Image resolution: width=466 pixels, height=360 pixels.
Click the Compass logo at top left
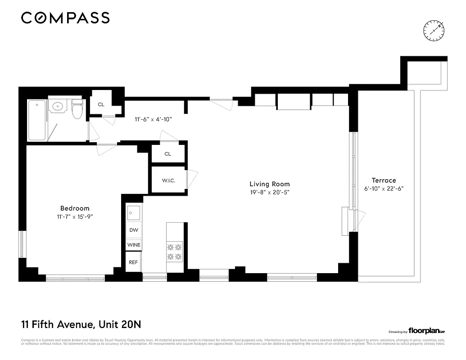(x=65, y=18)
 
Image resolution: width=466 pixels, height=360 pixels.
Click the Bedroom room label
(x=75, y=208)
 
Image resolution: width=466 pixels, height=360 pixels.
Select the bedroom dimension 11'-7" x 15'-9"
(x=75, y=216)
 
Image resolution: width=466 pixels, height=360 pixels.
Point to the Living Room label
(x=270, y=184)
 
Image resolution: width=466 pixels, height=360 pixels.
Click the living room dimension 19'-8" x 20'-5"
(x=270, y=192)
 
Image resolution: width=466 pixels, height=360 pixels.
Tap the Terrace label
(x=384, y=180)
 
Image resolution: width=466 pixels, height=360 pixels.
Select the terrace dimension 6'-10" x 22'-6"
(x=384, y=189)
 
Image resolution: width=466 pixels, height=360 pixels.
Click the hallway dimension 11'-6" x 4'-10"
(x=154, y=119)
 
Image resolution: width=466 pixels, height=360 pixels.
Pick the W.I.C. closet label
(x=168, y=180)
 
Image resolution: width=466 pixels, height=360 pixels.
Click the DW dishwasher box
(x=134, y=230)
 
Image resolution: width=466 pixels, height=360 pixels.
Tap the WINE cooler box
(x=134, y=245)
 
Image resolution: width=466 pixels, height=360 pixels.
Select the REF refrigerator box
(x=133, y=262)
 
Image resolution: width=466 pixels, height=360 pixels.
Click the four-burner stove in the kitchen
(x=174, y=252)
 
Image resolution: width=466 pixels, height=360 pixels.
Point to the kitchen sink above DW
(x=134, y=212)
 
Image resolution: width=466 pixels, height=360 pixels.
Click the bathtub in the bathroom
(x=37, y=120)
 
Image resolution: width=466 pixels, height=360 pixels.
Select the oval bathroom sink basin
(x=58, y=107)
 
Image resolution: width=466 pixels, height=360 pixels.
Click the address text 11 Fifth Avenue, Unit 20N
(x=83, y=324)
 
